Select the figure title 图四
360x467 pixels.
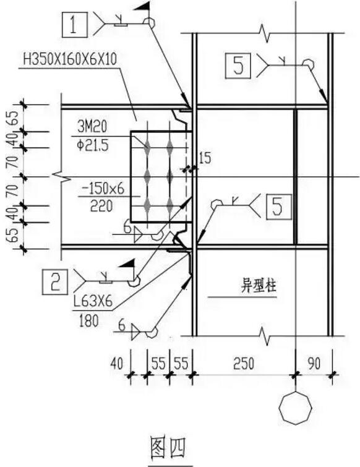168,445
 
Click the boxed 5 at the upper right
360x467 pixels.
239,64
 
